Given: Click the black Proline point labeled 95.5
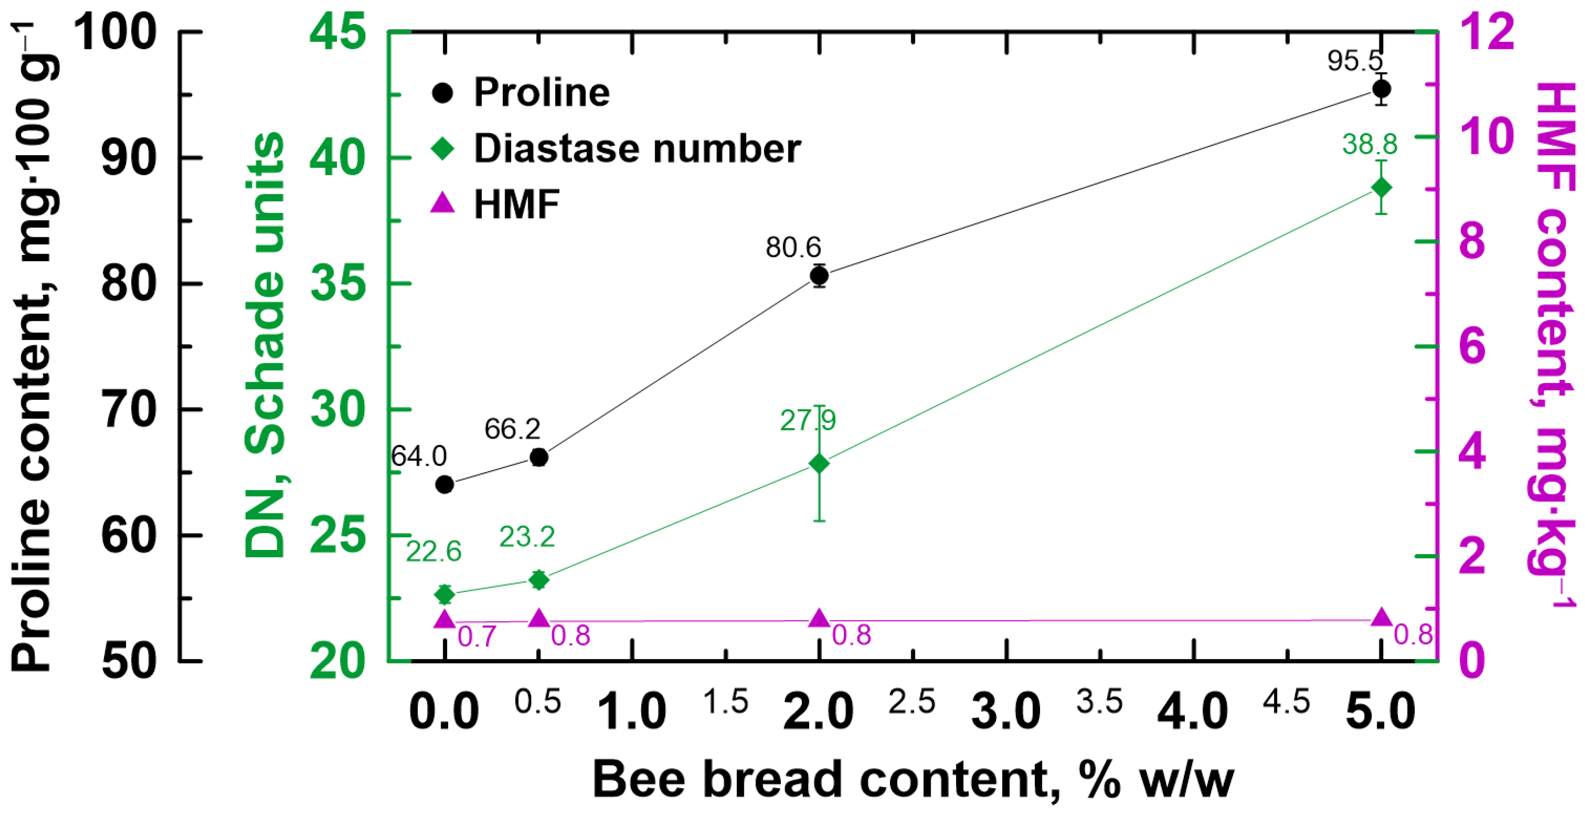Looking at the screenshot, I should tap(1381, 89).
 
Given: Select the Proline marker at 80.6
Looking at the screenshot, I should tap(819, 275).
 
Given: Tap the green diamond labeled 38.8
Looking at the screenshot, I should tap(1381, 187).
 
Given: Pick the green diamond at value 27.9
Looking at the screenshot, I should tap(819, 464).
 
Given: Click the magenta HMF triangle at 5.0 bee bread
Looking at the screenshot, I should tap(1381, 617).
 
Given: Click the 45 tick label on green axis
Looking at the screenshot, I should tap(337, 32).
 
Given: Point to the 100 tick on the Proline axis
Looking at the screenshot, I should tap(116, 32).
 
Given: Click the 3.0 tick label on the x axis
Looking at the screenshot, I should tap(1006, 711).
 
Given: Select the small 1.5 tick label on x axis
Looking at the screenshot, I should tap(726, 702).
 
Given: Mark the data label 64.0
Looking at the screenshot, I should tap(419, 456).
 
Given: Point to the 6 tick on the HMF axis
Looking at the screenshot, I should tap(1472, 346).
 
